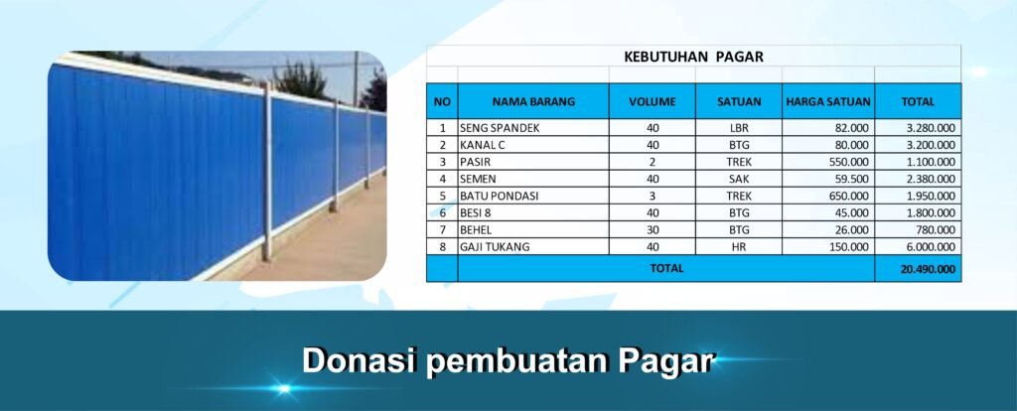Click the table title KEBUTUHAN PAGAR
[x=693, y=57]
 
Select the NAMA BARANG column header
[x=533, y=102]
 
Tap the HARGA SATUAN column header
[x=828, y=102]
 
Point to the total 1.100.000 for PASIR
[x=931, y=162]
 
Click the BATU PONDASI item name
[x=499, y=196]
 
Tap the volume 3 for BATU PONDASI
[x=653, y=196]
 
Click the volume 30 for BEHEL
[x=653, y=229]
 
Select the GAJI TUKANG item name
[x=495, y=246]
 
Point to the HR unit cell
[x=739, y=246]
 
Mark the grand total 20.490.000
[x=929, y=269]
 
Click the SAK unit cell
[x=739, y=179]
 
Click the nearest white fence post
[x=266, y=173]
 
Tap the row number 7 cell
[x=443, y=229]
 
